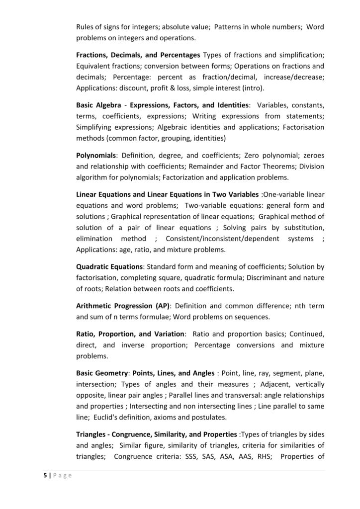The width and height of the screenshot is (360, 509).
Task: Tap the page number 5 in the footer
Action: pos(44,476)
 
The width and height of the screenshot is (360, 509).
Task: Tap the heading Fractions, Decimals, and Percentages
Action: pos(138,54)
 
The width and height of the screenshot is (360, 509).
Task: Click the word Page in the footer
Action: pos(62,476)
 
